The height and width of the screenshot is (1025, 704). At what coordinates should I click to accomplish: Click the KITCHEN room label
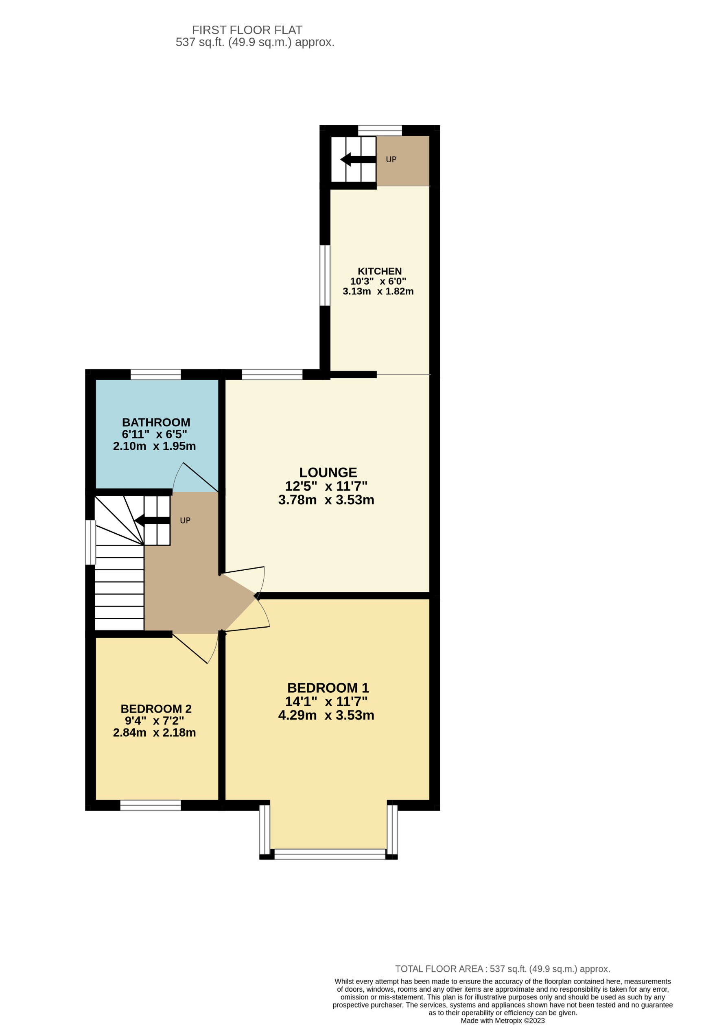pyautogui.click(x=379, y=271)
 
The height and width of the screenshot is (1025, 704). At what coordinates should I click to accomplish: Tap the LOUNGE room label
pyautogui.click(x=328, y=472)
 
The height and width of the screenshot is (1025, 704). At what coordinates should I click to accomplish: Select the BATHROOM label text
pyautogui.click(x=156, y=422)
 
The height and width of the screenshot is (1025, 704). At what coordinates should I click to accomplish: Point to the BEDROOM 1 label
pyautogui.click(x=328, y=687)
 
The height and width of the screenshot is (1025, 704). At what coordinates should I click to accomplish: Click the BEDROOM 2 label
pyautogui.click(x=156, y=709)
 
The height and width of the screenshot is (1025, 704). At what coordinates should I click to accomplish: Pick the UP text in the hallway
pyautogui.click(x=185, y=521)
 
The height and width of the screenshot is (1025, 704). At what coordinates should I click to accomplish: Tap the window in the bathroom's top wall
pyautogui.click(x=156, y=375)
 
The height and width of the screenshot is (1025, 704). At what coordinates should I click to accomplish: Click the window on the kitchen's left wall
pyautogui.click(x=325, y=275)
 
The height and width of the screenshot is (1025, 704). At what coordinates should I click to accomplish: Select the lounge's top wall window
pyautogui.click(x=272, y=375)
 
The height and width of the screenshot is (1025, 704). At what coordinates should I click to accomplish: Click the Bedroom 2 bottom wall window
pyautogui.click(x=151, y=805)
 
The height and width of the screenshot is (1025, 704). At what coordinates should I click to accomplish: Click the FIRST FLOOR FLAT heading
pyautogui.click(x=247, y=30)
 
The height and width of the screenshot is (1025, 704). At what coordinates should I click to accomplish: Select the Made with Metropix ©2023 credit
pyautogui.click(x=502, y=1021)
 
